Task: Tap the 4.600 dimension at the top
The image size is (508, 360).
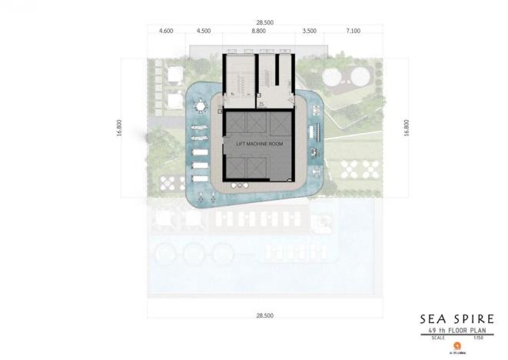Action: pyautogui.click(x=166, y=32)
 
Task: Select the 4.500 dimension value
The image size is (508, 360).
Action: pyautogui.click(x=204, y=32)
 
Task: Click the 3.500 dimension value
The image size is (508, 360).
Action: pyautogui.click(x=310, y=32)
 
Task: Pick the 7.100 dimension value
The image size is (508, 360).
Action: pyautogui.click(x=353, y=32)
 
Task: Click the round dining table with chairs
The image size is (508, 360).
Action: pyautogui.click(x=201, y=106)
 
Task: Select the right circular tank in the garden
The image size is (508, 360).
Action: pyautogui.click(x=359, y=76)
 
